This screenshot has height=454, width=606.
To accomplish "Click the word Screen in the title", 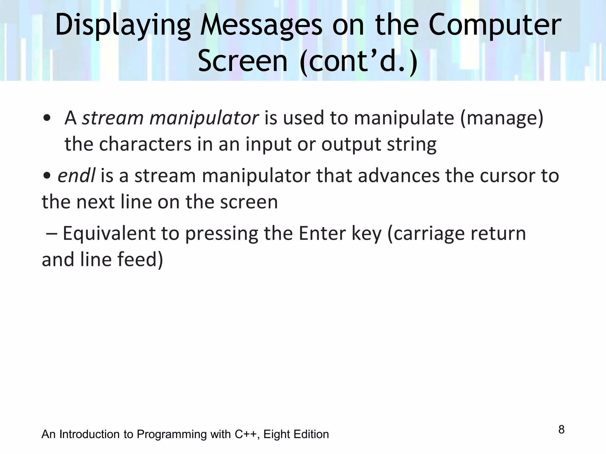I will (x=243, y=61).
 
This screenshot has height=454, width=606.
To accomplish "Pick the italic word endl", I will (x=76, y=176).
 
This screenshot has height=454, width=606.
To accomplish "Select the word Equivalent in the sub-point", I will (x=109, y=233).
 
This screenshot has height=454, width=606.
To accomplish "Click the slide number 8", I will (x=561, y=429).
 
